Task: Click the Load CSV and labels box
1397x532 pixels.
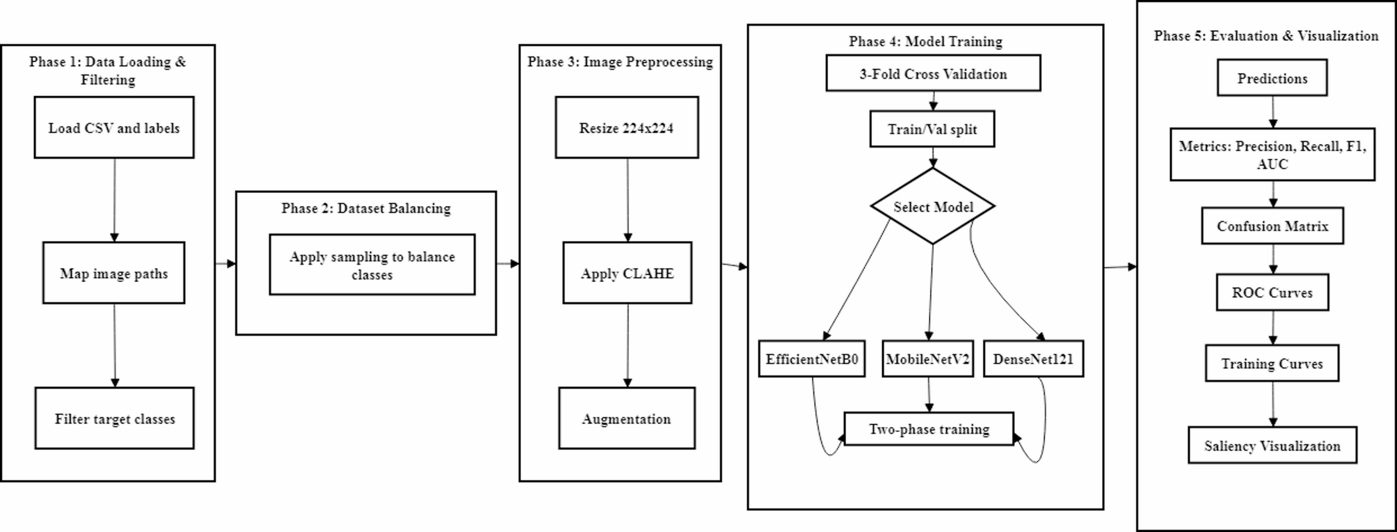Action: (x=114, y=127)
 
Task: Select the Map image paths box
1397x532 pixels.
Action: (x=114, y=273)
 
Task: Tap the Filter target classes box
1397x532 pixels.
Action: (x=114, y=418)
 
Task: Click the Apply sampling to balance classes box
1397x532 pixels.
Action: (x=372, y=265)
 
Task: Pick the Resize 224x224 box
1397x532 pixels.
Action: (x=626, y=127)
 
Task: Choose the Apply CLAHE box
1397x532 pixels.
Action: (x=627, y=273)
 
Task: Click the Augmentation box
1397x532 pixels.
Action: (x=626, y=418)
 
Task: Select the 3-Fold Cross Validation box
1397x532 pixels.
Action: (x=933, y=73)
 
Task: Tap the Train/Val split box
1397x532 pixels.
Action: (x=932, y=129)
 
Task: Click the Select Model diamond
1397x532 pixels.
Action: (x=932, y=207)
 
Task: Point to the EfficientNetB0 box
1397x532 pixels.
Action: (x=811, y=359)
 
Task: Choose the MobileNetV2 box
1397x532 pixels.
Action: (x=927, y=359)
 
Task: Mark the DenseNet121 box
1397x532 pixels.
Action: (x=1033, y=359)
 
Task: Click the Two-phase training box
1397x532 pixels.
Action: (x=929, y=429)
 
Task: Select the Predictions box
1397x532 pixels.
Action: (x=1272, y=78)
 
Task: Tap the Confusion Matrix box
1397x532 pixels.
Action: (x=1272, y=226)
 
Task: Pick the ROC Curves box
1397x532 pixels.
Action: (x=1272, y=292)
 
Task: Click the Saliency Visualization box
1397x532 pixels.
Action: (x=1272, y=446)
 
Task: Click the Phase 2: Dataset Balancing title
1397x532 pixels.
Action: (x=366, y=208)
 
